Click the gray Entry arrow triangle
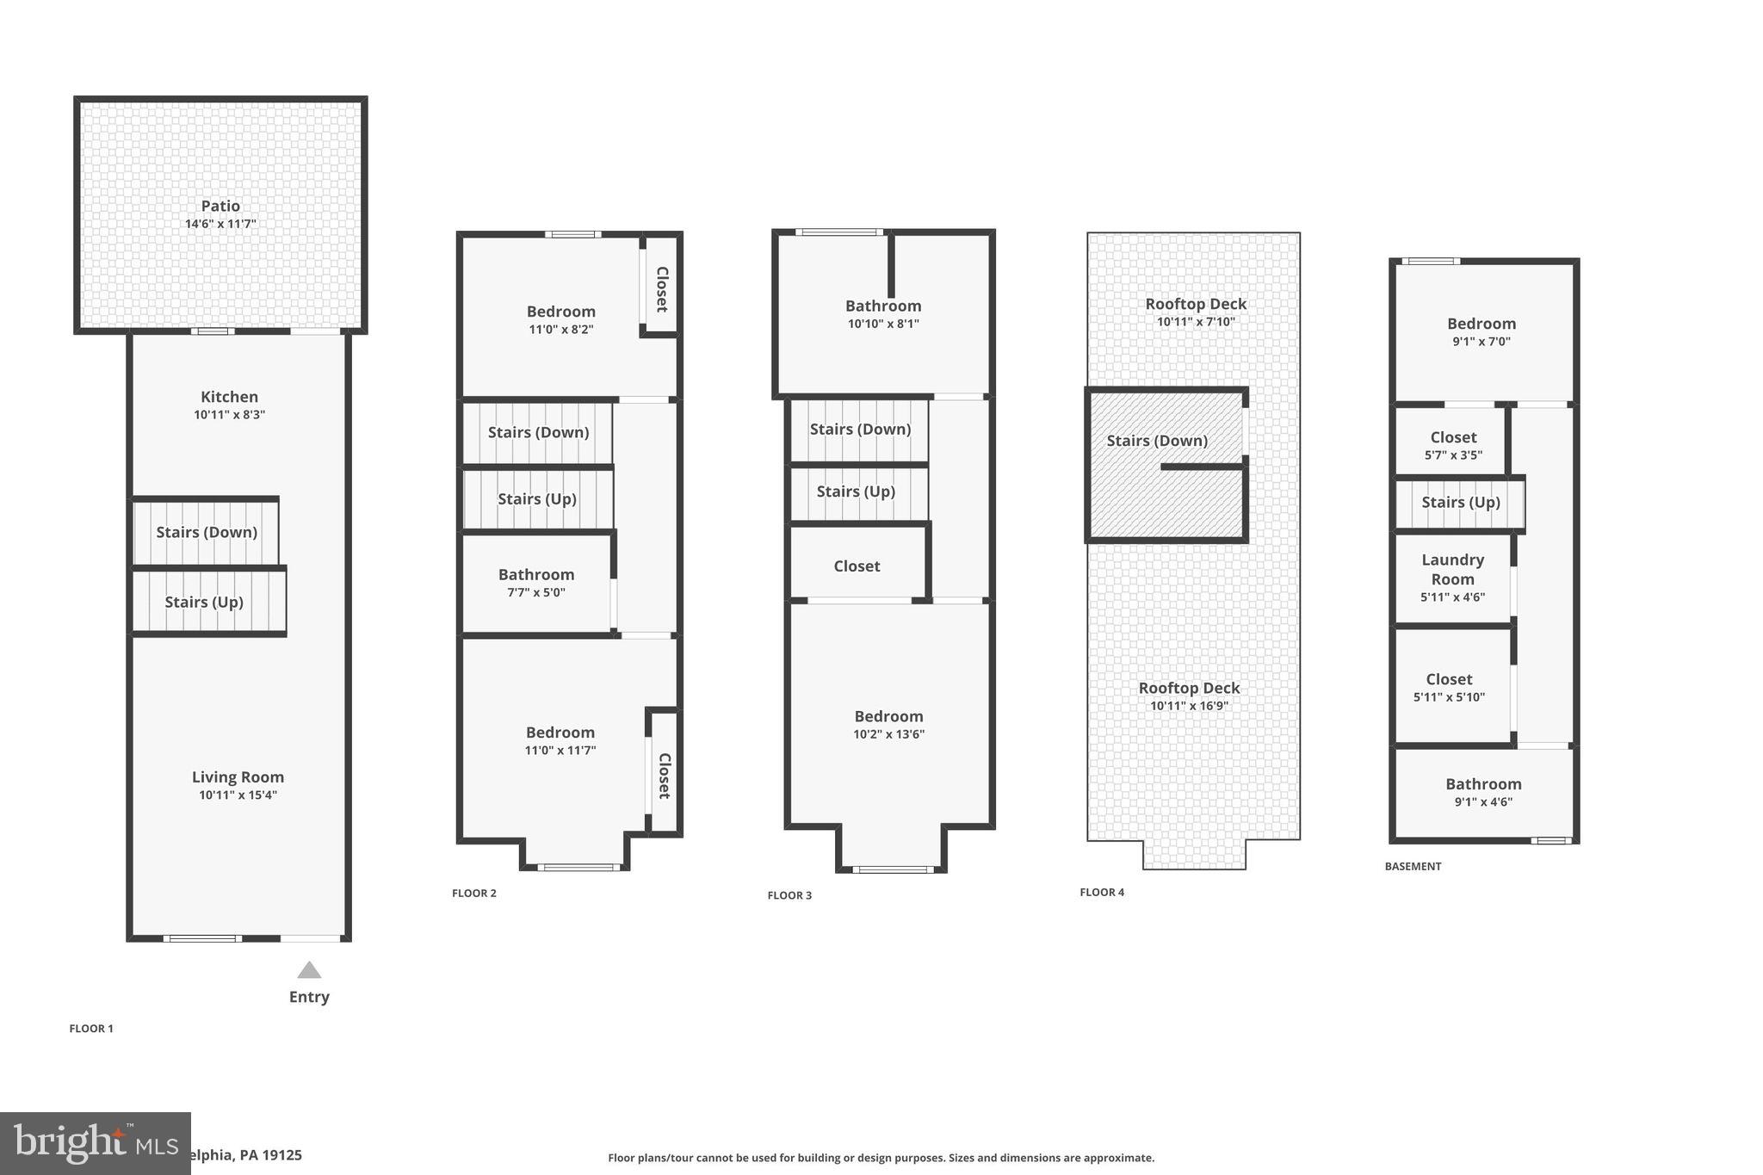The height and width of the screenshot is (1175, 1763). click(309, 971)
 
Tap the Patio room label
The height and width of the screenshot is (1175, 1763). click(220, 206)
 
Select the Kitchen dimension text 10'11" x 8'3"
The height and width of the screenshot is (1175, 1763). click(229, 415)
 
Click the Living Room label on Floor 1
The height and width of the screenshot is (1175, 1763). click(238, 776)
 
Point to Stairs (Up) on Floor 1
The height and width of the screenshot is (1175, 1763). click(204, 602)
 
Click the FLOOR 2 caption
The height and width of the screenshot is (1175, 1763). click(473, 893)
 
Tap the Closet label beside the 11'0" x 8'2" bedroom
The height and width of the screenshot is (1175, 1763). click(662, 289)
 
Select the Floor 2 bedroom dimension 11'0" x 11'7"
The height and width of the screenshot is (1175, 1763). click(560, 751)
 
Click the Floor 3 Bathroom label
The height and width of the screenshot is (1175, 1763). click(883, 306)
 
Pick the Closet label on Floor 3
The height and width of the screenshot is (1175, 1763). click(857, 566)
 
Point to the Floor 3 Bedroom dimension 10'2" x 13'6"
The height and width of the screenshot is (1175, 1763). click(888, 734)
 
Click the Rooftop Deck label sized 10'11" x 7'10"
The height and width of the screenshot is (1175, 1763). click(1196, 304)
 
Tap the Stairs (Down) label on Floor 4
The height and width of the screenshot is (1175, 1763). click(1157, 441)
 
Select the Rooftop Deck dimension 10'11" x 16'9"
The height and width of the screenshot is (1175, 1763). click(1189, 706)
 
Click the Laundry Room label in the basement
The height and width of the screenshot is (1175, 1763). click(1452, 569)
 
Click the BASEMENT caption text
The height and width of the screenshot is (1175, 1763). click(1413, 866)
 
